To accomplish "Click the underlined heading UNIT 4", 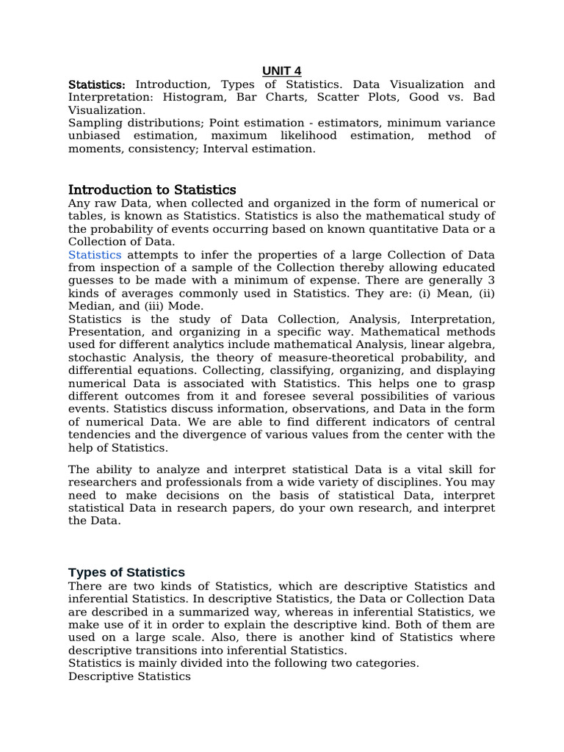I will tap(282, 70).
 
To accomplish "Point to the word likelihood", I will tap(304, 136).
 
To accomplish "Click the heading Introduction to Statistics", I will tap(152, 190).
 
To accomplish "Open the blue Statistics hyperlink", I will tap(95, 254).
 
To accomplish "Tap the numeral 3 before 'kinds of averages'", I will tap(491, 280).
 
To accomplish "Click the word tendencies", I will tap(99, 434).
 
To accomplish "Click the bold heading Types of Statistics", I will tap(126, 572).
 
